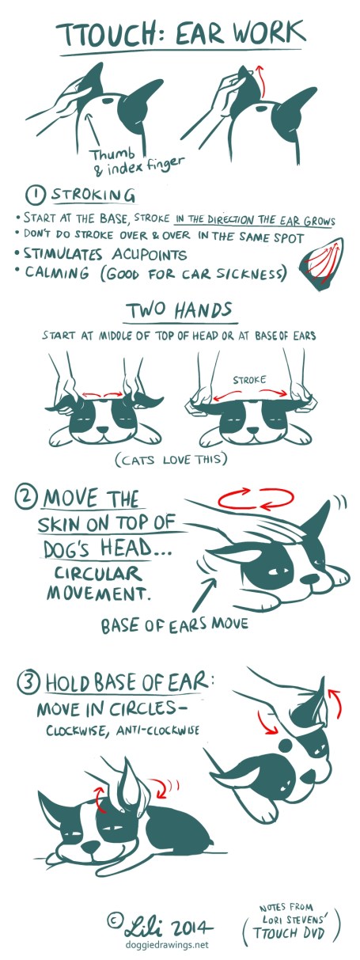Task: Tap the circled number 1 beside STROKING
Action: (37, 195)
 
